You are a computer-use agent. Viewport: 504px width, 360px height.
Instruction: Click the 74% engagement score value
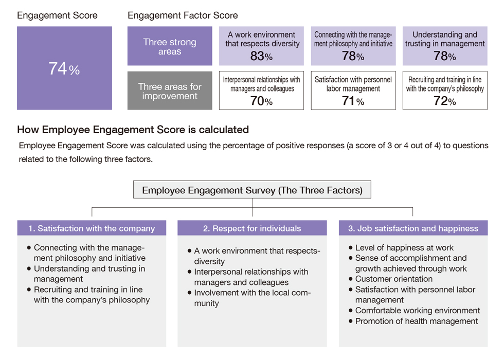point(64,68)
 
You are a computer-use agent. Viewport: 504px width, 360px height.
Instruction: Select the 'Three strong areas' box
point(170,46)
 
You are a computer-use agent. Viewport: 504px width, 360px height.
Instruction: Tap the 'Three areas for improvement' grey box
point(170,91)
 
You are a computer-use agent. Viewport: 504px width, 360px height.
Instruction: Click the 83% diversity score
point(261,56)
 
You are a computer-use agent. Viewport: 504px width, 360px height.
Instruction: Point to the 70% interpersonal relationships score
point(261,101)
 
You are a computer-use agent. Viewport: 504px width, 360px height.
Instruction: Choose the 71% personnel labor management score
point(353,101)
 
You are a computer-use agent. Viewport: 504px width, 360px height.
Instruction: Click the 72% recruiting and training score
point(445,101)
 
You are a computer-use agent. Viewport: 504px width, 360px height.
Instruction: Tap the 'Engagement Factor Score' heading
point(183,15)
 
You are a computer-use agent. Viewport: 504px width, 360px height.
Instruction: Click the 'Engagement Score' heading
point(57,15)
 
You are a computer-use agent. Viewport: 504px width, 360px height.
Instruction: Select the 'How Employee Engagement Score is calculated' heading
point(133,130)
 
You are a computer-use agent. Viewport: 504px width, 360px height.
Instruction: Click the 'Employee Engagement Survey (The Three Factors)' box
point(252,190)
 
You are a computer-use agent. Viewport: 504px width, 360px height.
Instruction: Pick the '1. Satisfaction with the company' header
point(92,228)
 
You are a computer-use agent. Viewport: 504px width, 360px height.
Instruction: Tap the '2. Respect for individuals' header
point(252,228)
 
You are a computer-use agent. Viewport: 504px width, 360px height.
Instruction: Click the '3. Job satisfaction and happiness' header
point(413,228)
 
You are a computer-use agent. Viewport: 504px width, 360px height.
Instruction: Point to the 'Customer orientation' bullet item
point(390,279)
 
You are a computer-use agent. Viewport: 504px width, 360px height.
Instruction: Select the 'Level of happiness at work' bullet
point(401,248)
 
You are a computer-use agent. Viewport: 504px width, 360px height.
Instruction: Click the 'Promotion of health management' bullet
point(413,321)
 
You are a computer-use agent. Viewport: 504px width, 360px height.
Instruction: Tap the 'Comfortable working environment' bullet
point(414,311)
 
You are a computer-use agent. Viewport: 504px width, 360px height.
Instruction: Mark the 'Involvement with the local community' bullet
point(249,298)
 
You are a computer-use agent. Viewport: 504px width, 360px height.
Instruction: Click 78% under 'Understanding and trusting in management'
point(445,56)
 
